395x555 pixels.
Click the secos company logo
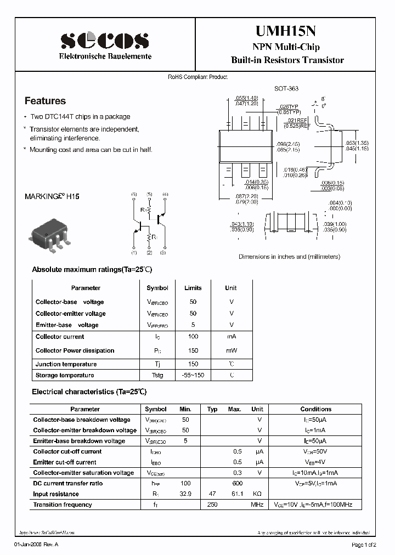tap(104, 41)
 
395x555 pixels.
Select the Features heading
tap(45, 101)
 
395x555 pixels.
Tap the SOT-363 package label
tap(286, 88)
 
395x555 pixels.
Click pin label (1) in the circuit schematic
tap(134, 252)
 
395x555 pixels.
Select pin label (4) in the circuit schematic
tap(166, 195)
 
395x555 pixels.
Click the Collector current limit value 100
tap(193, 336)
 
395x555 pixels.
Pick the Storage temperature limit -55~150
tap(193, 375)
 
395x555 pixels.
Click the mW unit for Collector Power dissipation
tap(231, 350)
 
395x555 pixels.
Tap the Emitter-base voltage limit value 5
tap(193, 325)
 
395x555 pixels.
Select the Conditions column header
tap(315, 409)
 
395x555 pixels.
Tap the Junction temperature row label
tap(66, 364)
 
